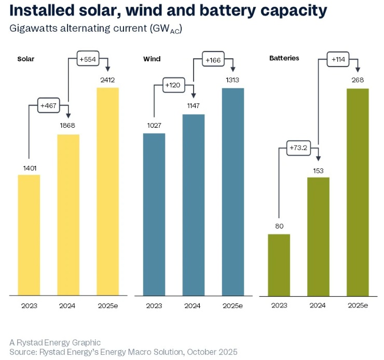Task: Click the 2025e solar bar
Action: [x=108, y=191]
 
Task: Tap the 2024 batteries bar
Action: [x=319, y=236]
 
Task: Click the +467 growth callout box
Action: [x=49, y=106]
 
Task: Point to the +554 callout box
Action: [x=88, y=60]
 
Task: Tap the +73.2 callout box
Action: [x=298, y=149]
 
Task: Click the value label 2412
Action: [x=108, y=80]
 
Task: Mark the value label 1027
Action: [x=154, y=126]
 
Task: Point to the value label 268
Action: [x=358, y=80]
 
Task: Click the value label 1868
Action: [x=68, y=126]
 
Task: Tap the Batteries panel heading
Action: [x=284, y=58]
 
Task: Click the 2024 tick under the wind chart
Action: [x=193, y=305]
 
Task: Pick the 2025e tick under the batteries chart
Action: [x=357, y=305]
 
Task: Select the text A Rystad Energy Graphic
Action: [x=48, y=342]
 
